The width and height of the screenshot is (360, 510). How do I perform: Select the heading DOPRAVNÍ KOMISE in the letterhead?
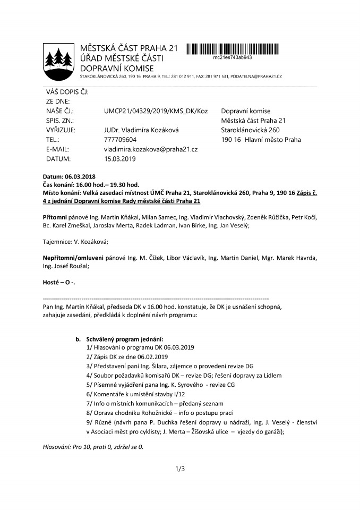[x=116, y=68]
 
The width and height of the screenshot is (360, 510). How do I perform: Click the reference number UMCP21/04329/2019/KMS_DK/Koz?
[x=156, y=111]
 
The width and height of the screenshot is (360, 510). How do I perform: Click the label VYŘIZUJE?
[x=61, y=130]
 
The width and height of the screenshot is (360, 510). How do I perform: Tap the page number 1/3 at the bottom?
[x=179, y=469]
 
